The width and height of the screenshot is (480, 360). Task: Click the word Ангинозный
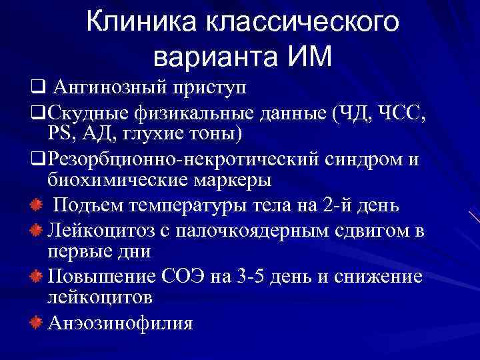pos(103,87)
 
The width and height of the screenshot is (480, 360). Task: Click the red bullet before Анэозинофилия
pos(37,323)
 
